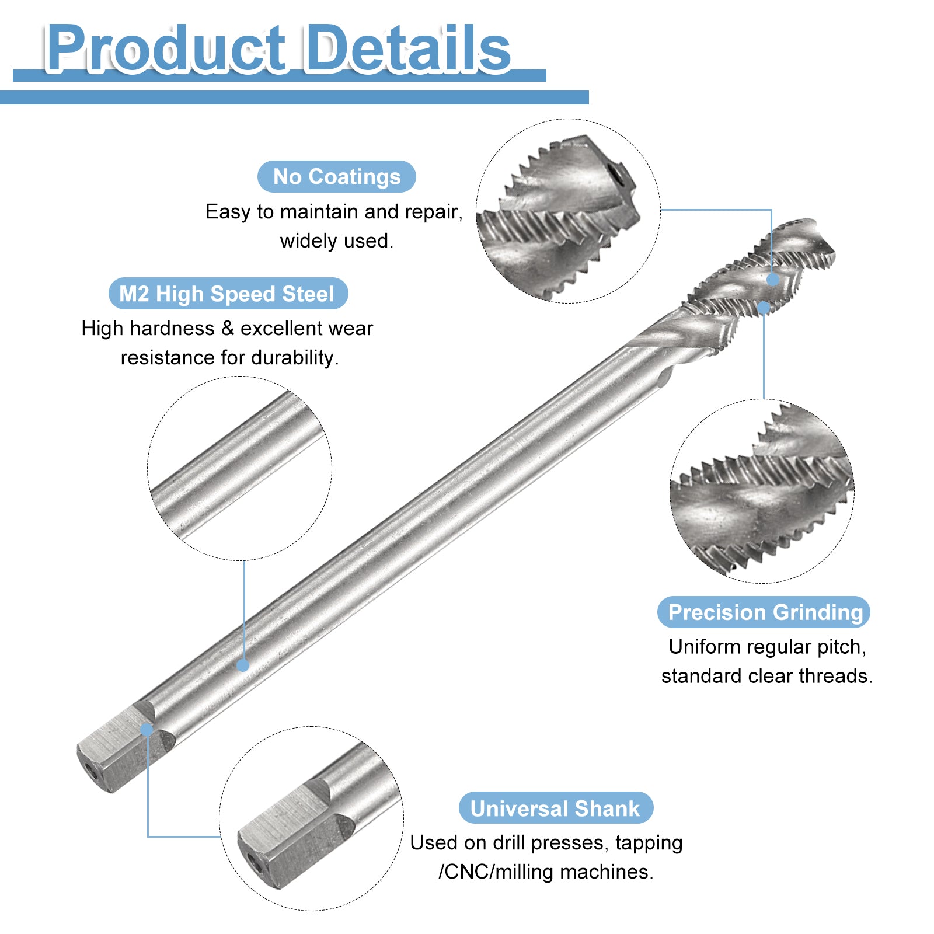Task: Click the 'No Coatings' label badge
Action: [337, 176]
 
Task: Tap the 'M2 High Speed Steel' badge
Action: [228, 294]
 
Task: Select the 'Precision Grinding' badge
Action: [764, 612]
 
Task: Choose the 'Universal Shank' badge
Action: [556, 808]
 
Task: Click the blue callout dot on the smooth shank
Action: [243, 665]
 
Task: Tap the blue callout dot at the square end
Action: [147, 729]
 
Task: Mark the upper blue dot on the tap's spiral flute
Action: [772, 280]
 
